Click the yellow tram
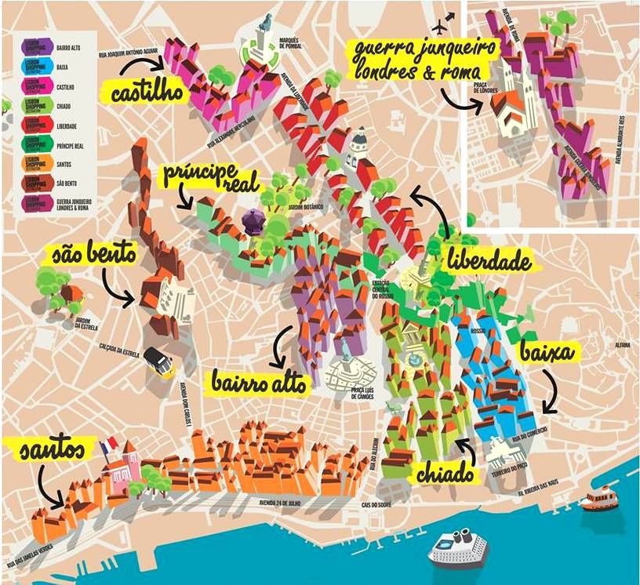tap(159, 363)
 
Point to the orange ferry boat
tap(602, 498)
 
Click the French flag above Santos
tap(108, 445)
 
